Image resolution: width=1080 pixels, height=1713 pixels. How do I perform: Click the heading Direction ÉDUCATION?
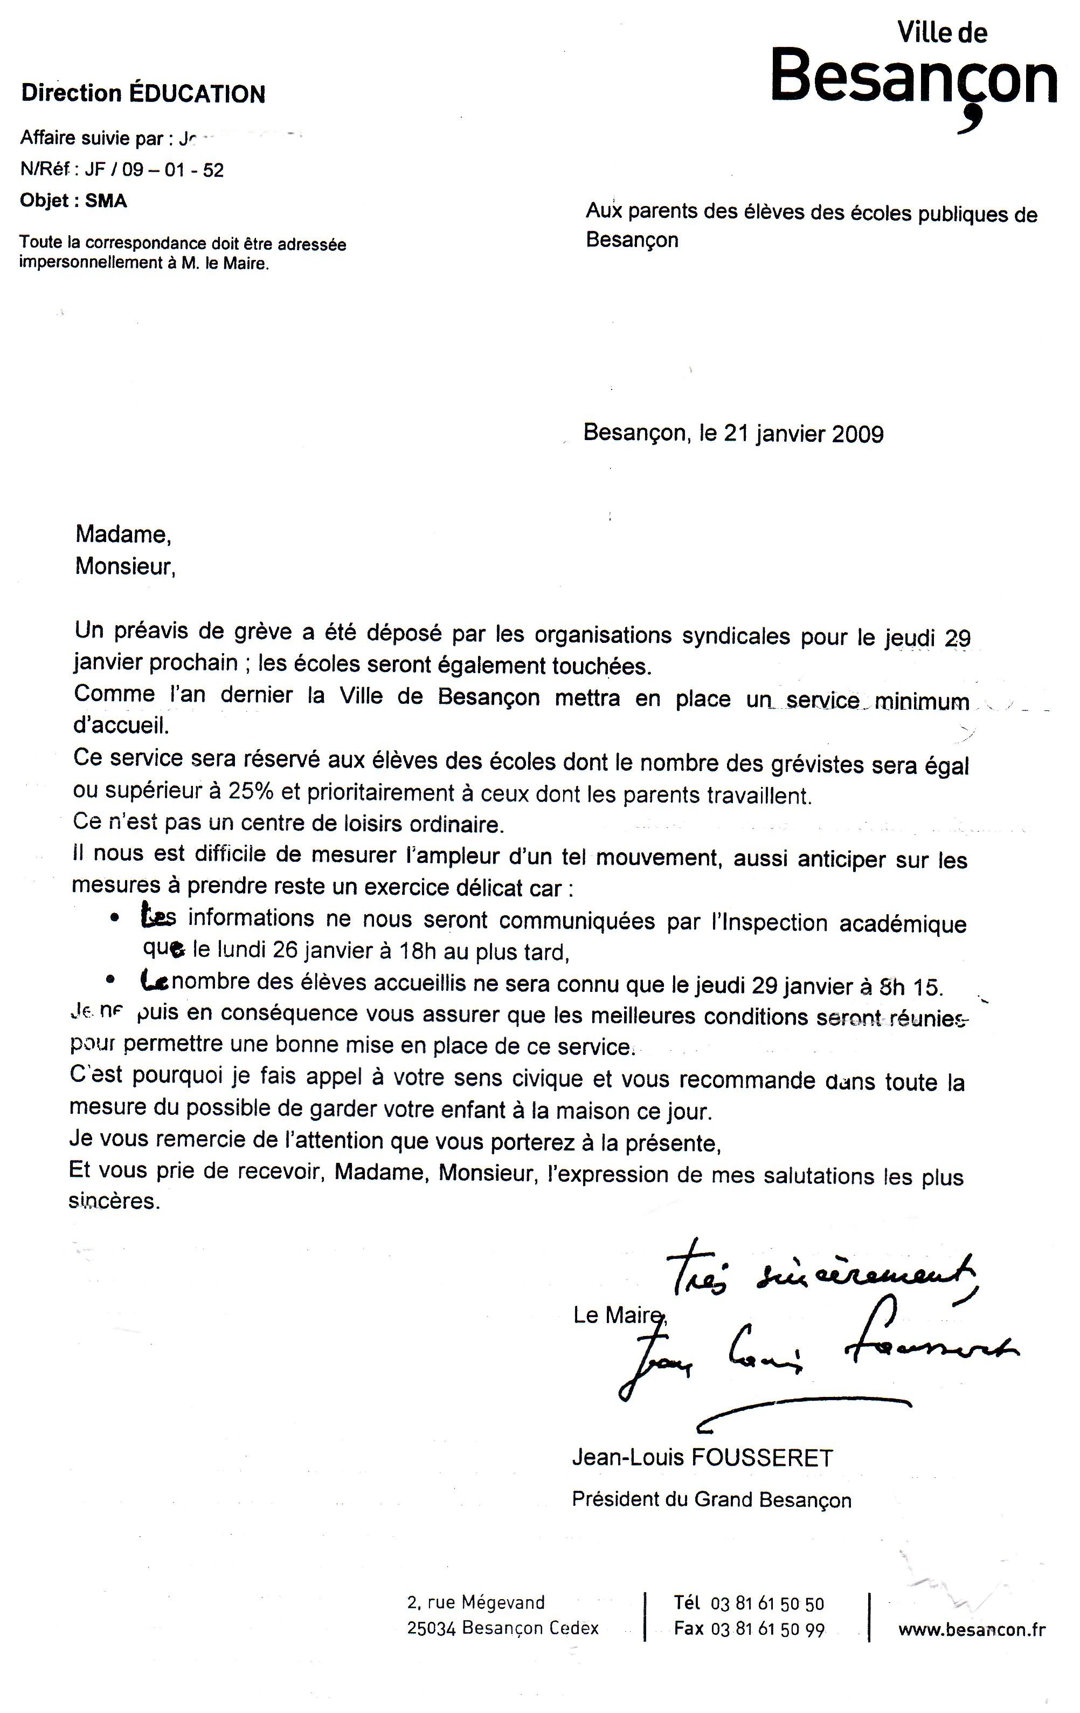click(x=143, y=93)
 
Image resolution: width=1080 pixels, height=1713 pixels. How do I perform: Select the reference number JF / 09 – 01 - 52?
click(x=154, y=170)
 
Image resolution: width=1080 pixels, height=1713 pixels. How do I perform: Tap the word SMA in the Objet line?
click(x=106, y=201)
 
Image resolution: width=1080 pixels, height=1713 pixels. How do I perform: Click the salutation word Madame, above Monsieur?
click(x=123, y=535)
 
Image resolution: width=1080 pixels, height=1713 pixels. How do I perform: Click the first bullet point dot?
click(x=114, y=919)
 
